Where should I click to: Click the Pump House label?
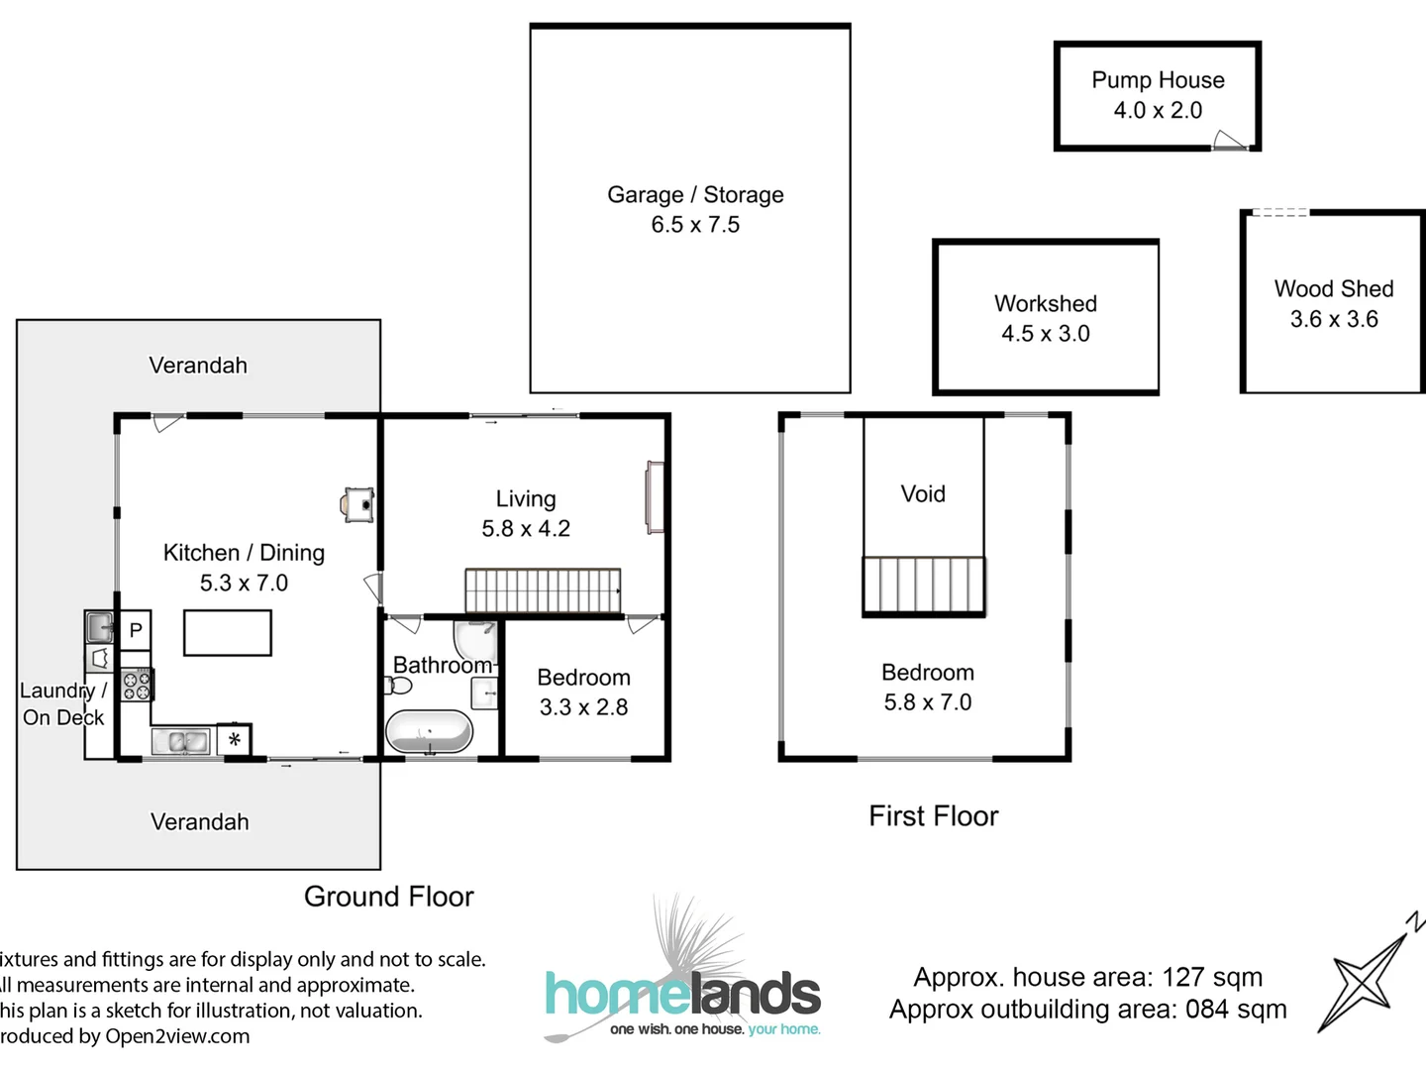pos(1158,80)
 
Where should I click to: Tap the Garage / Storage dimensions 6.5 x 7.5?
pos(695,225)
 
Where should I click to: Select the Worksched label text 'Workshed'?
pos(1046,303)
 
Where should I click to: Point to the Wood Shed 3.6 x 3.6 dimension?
pos(1334,319)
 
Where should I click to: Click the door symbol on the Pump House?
pos(1229,141)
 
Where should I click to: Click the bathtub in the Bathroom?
pos(429,732)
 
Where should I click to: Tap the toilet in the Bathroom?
pos(398,685)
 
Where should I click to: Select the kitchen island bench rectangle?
pos(228,633)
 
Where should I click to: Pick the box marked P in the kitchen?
pos(136,630)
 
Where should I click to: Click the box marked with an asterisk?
pos(235,739)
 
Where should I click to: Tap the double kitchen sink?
pos(180,740)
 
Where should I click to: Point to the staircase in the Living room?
pos(543,590)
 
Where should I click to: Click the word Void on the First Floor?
pos(923,493)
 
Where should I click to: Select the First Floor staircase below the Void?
pos(923,586)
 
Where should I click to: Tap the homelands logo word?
pos(683,995)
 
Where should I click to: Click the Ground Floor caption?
pos(388,897)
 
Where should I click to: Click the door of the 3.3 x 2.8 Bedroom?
pos(642,625)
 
